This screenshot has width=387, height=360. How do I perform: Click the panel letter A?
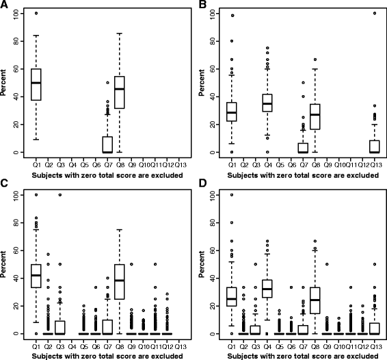tap(5, 5)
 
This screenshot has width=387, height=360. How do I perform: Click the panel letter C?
tap(5, 185)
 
